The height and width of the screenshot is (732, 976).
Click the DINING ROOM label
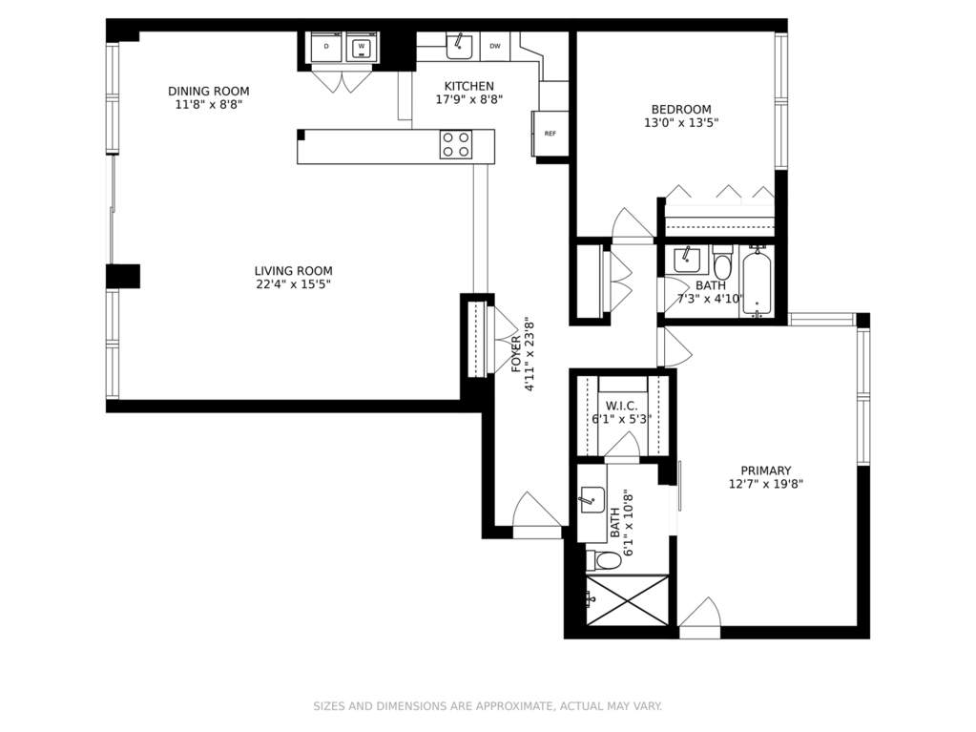(x=209, y=92)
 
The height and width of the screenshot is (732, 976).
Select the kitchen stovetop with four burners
(x=455, y=144)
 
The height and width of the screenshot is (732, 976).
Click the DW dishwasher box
(x=495, y=46)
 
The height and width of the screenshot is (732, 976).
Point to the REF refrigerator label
(x=550, y=134)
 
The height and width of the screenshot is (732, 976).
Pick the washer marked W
(x=361, y=46)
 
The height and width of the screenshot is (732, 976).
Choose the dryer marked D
(x=327, y=46)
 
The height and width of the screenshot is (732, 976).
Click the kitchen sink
(x=459, y=45)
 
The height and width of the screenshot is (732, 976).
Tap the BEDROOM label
(x=681, y=110)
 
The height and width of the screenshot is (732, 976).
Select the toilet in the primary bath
(x=604, y=560)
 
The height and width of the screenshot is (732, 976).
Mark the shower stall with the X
(x=628, y=600)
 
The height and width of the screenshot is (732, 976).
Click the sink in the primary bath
(x=592, y=500)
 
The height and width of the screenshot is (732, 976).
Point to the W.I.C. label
(x=621, y=406)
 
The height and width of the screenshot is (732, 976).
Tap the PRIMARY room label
(x=765, y=471)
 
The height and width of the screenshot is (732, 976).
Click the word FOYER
(x=516, y=354)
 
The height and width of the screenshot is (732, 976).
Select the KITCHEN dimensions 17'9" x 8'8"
(x=468, y=99)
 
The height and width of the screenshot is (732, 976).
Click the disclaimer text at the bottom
(x=488, y=706)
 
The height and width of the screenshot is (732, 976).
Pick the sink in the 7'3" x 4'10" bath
(x=687, y=261)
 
